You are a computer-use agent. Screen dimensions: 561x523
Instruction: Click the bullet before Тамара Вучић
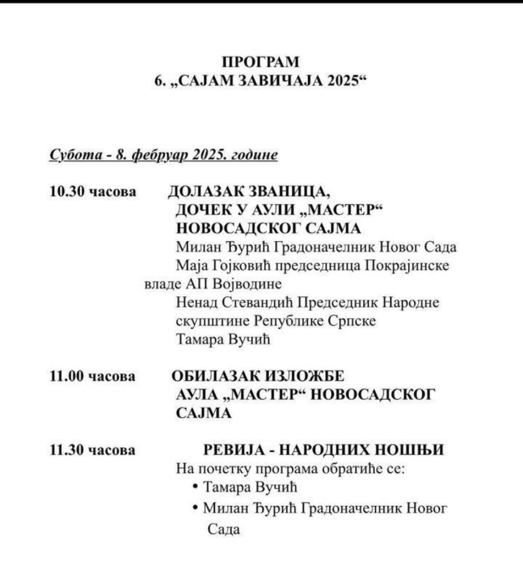(196, 487)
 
